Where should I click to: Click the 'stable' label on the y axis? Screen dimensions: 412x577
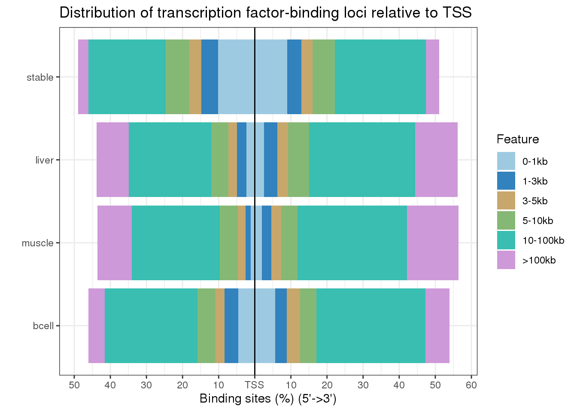40,78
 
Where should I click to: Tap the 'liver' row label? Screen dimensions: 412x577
44,161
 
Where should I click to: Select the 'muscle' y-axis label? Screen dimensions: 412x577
38,243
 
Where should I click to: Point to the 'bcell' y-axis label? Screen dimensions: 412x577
43,326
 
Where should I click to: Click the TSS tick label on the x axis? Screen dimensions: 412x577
255,385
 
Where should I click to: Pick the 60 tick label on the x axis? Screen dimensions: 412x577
471,385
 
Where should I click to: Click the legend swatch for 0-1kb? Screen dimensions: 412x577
506,161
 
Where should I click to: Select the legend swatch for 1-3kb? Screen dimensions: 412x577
506,181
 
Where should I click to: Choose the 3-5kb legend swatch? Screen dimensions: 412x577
506,201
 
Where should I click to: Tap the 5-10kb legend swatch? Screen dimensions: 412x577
506,221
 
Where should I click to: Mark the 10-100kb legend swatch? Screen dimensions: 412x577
506,240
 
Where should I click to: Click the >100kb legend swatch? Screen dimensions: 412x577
506,260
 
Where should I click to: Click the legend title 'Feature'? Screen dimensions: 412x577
517,139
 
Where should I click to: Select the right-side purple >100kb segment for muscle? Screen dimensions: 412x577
432,243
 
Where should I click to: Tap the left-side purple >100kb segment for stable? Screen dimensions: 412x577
83,77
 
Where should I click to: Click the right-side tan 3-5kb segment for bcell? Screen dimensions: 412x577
293,326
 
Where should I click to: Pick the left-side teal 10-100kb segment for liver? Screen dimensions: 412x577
170,160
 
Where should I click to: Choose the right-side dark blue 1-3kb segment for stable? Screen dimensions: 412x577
294,77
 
